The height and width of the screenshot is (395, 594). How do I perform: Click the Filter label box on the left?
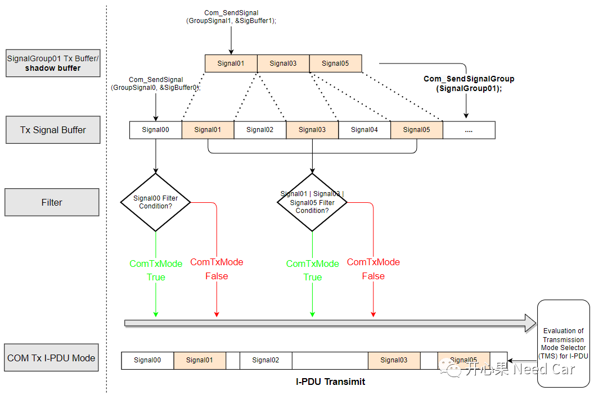coord(52,202)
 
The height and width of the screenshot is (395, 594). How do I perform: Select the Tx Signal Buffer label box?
coord(53,130)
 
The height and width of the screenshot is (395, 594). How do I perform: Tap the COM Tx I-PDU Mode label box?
coord(51,358)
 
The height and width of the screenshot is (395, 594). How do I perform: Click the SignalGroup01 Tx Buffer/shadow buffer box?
coord(53,63)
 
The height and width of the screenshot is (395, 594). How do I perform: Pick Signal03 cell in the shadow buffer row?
coord(283,63)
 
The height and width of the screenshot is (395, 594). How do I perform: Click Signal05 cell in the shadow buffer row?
coord(335,63)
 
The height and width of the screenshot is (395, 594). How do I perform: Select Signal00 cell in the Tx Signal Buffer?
coord(156,130)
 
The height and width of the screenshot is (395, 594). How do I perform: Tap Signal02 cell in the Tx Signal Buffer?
coord(260,130)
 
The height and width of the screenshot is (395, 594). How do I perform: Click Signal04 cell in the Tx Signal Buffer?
coord(364,130)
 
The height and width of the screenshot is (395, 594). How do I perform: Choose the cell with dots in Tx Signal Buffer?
coord(469,130)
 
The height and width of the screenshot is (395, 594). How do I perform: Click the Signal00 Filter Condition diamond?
coord(156,202)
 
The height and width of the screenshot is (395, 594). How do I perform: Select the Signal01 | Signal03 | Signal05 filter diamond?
coord(312,202)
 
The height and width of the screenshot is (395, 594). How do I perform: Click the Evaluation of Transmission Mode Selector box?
coord(563,343)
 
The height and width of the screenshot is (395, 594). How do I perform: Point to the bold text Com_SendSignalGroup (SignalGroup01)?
coord(469,84)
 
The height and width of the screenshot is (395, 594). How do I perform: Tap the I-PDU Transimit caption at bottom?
coord(330,382)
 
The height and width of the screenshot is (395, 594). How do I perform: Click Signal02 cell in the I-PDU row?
coord(265,360)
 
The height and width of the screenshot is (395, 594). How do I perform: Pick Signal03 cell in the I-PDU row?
coord(394,360)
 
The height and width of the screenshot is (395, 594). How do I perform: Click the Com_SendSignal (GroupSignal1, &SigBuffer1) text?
coord(231,16)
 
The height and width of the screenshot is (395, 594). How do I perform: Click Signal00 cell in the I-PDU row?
coord(147,360)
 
